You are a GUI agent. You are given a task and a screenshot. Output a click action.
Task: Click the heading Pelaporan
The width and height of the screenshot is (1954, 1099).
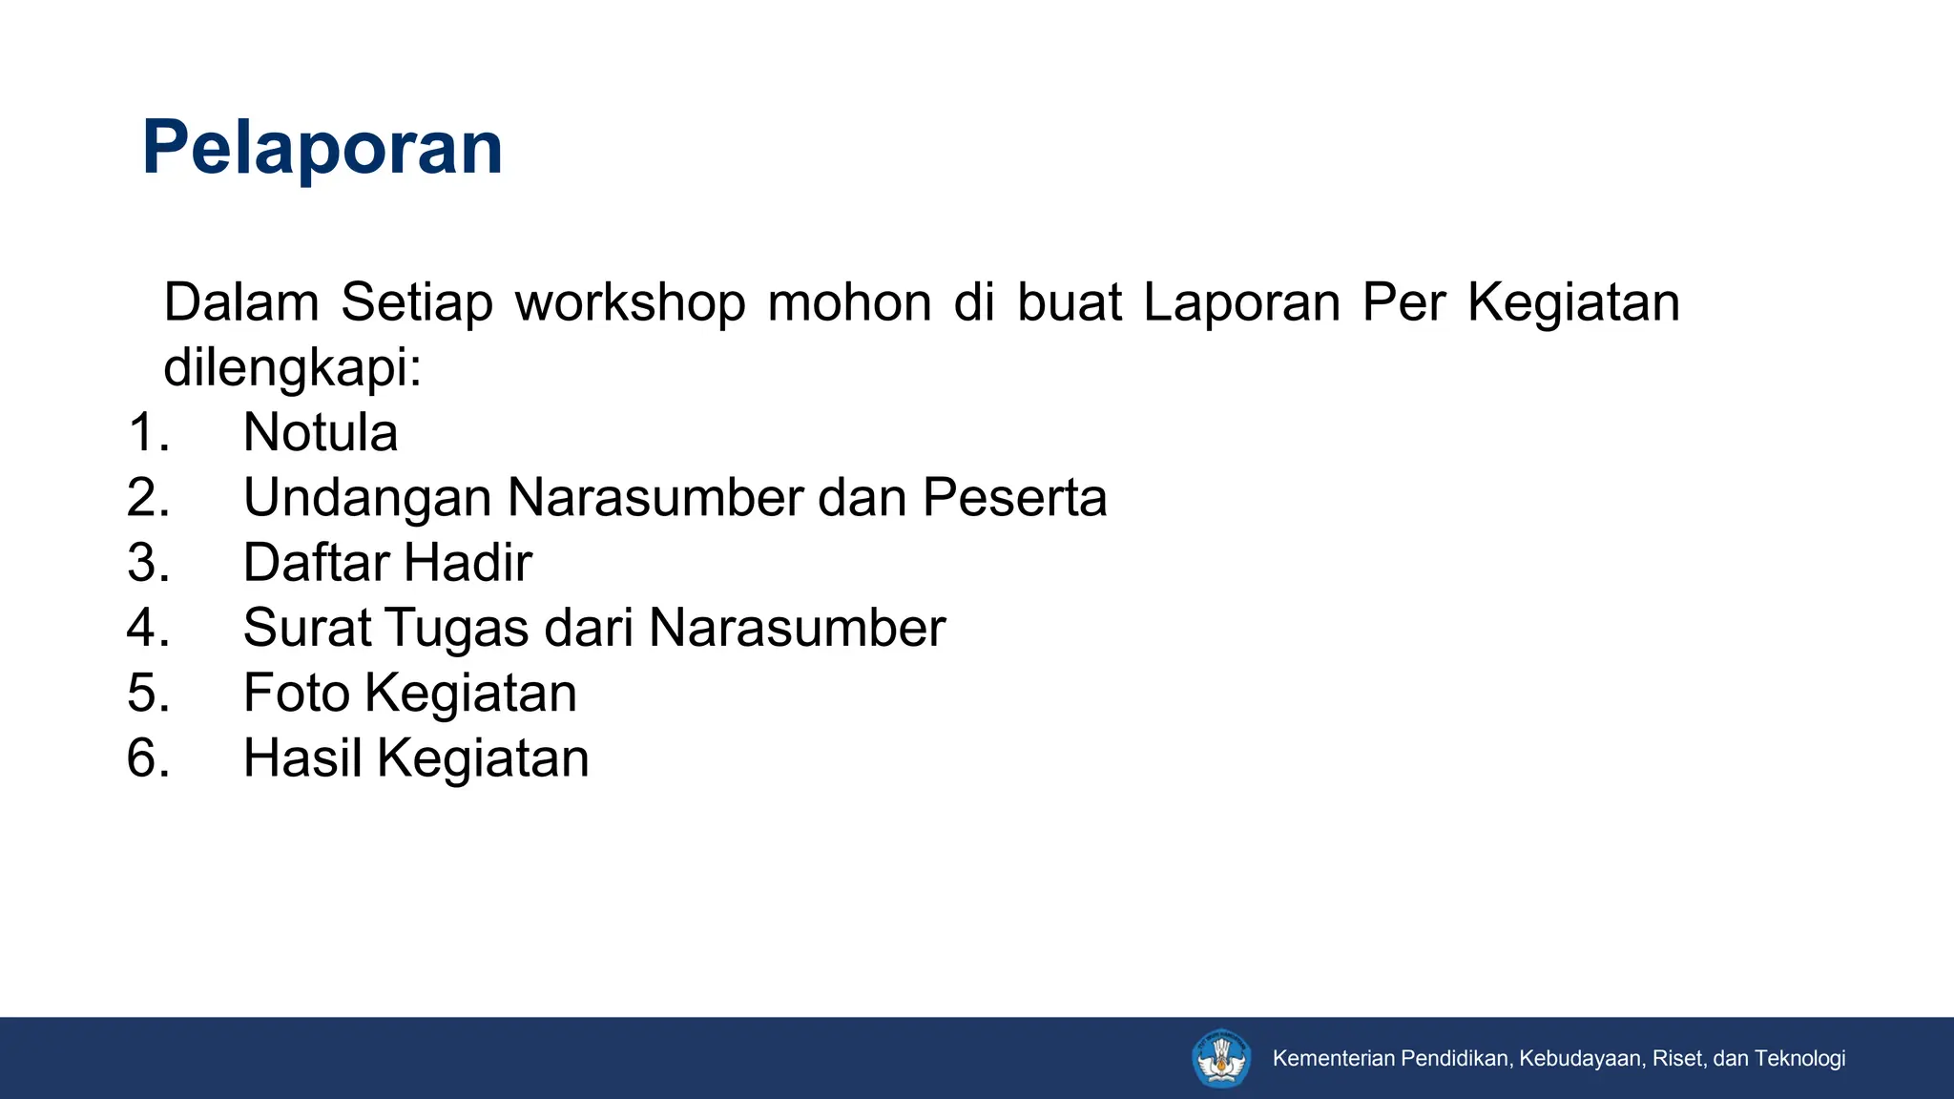pyautogui.click(x=322, y=148)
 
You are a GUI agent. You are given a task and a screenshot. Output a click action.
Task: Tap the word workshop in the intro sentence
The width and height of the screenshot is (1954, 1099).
pyautogui.click(x=630, y=302)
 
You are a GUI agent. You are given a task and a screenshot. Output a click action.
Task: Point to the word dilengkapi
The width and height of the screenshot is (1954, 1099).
pyautogui.click(x=292, y=368)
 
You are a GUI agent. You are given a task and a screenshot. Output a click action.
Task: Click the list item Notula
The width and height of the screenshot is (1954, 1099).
pyautogui.click(x=321, y=432)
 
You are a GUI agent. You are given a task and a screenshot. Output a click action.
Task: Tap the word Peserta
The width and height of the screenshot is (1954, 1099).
pyautogui.click(x=1014, y=498)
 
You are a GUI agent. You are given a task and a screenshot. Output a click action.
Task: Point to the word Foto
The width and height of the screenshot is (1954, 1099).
pyautogui.click(x=297, y=693)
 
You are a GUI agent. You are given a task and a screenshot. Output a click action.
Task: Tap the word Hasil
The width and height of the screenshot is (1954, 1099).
pyautogui.click(x=302, y=758)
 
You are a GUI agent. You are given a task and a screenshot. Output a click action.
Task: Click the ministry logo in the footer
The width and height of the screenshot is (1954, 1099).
pyautogui.click(x=1221, y=1058)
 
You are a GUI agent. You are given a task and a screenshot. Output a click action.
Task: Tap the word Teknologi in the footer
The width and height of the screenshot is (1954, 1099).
pyautogui.click(x=1799, y=1058)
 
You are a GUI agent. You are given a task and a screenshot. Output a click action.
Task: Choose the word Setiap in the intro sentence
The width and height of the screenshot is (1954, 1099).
pyautogui.click(x=417, y=302)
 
